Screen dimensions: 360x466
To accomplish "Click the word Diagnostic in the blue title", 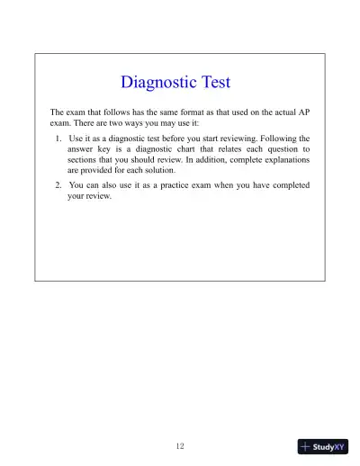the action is point(153,83).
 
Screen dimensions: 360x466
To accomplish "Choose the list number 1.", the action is point(58,139).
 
